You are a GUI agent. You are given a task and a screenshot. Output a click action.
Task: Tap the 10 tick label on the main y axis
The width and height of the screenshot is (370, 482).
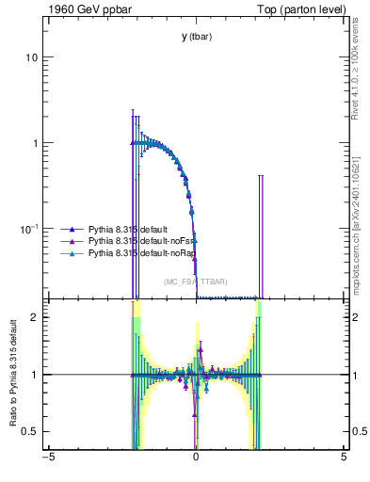[31, 57]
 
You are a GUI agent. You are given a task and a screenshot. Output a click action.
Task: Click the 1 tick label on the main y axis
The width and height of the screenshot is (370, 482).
[35, 143]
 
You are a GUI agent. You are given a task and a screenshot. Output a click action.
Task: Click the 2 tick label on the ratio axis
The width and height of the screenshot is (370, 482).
[35, 317]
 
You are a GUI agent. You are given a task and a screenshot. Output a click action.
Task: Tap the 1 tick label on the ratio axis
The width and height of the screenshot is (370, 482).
[35, 375]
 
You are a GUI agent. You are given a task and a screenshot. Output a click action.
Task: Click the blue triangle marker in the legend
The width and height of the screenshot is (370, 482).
[68, 229]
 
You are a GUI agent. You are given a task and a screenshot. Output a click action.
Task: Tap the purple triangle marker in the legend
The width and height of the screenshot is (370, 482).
[68, 241]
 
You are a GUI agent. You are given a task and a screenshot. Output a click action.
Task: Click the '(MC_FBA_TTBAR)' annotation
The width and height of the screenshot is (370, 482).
[196, 281]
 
